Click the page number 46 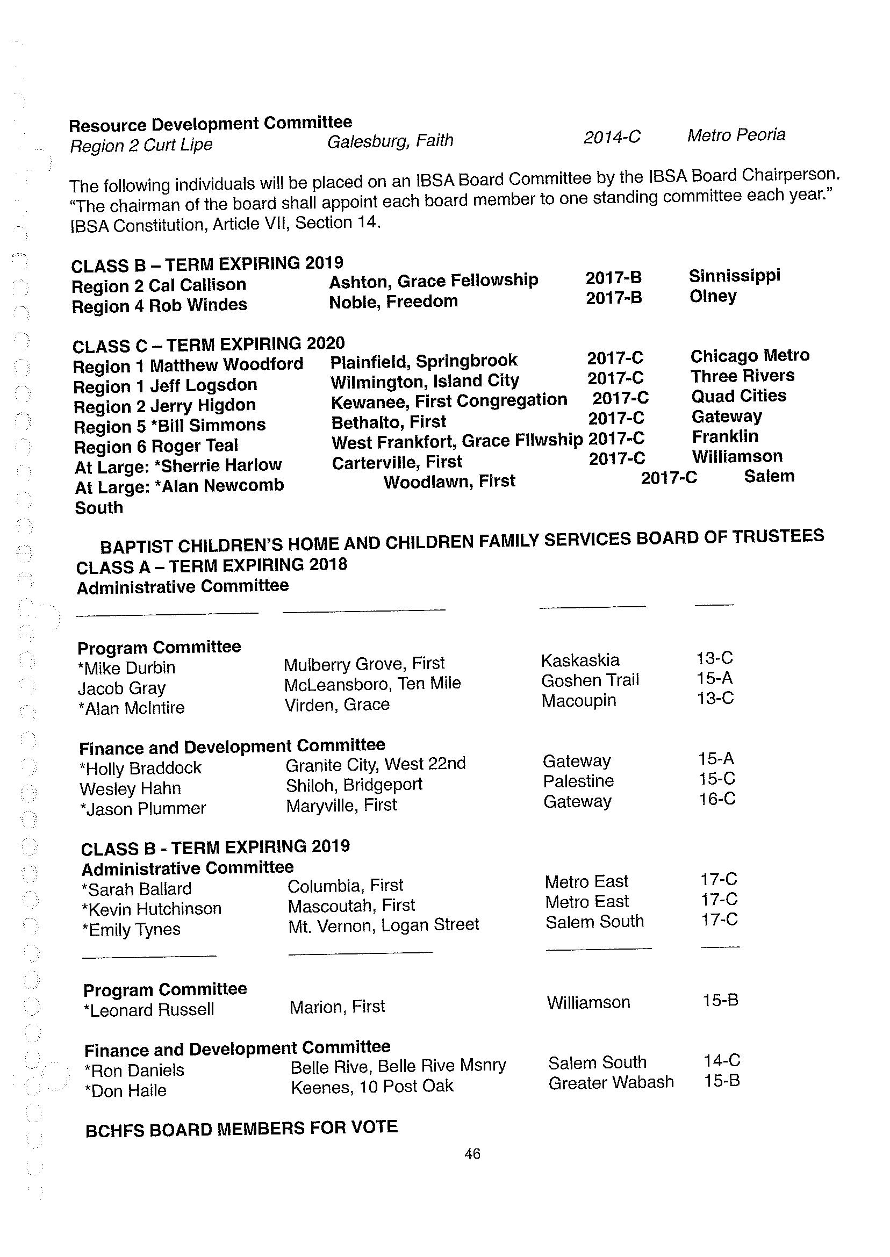click(472, 1153)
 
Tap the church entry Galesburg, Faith click(390, 141)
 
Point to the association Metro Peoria click(736, 135)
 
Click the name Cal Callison click(197, 285)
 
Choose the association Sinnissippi click(734, 275)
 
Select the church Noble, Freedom click(393, 301)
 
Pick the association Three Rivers click(742, 376)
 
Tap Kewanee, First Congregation click(449, 401)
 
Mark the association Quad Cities click(738, 396)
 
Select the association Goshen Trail click(590, 680)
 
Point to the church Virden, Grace click(336, 705)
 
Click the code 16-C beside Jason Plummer click(717, 799)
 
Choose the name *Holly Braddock click(140, 768)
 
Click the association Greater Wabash click(611, 1082)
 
